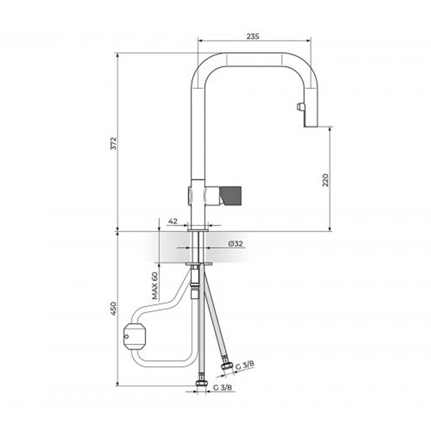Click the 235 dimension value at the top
click(253, 36)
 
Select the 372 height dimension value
click(113, 143)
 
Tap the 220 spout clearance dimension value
click(325, 180)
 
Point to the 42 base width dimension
click(172, 221)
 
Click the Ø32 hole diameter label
click(235, 244)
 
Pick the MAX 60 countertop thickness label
click(155, 286)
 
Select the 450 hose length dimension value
click(113, 308)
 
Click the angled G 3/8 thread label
click(245, 365)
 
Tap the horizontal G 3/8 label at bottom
click(223, 387)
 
